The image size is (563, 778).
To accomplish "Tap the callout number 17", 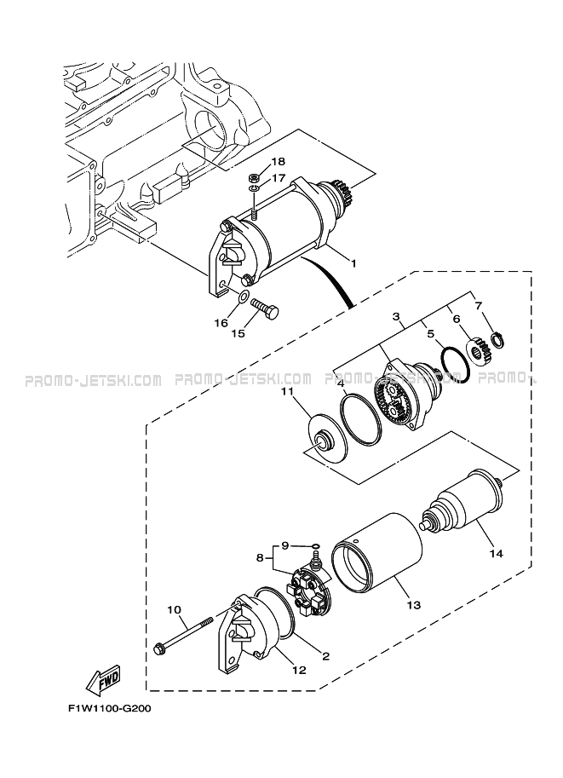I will point(278,179).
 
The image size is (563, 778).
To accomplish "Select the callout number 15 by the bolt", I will point(238,334).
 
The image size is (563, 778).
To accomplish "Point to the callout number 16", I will point(221,323).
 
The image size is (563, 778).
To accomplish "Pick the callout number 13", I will point(413,605).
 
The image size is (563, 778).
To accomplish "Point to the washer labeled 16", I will point(242,297).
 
